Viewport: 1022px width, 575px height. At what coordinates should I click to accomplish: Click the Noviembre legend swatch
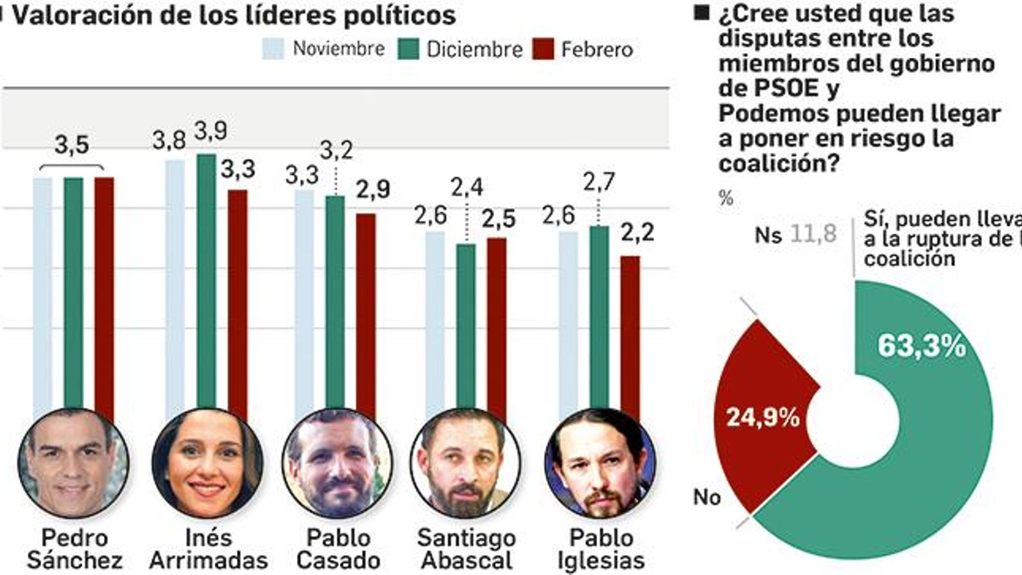coord(273,49)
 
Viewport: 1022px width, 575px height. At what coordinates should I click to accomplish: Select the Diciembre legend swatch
coord(408,49)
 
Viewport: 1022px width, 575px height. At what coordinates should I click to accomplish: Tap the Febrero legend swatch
coord(542,49)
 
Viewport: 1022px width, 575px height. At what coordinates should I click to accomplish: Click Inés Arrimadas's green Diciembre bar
coord(206,281)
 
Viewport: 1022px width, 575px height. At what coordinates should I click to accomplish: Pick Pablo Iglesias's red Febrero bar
coord(630,332)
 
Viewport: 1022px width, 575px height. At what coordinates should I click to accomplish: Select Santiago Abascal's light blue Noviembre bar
coord(434,319)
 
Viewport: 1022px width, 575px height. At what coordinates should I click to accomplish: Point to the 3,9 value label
coord(211,131)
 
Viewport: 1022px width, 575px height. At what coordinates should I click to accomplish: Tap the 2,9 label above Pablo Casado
coord(373,190)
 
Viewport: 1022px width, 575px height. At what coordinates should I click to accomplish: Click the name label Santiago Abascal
coord(466,549)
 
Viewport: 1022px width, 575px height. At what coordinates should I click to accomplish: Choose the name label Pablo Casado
coord(339,549)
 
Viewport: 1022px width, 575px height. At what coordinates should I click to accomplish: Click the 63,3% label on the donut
coord(921,346)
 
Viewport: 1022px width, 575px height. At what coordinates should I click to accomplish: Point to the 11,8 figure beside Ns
coord(813,234)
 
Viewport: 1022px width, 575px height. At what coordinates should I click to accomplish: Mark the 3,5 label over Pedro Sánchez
coord(72,145)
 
